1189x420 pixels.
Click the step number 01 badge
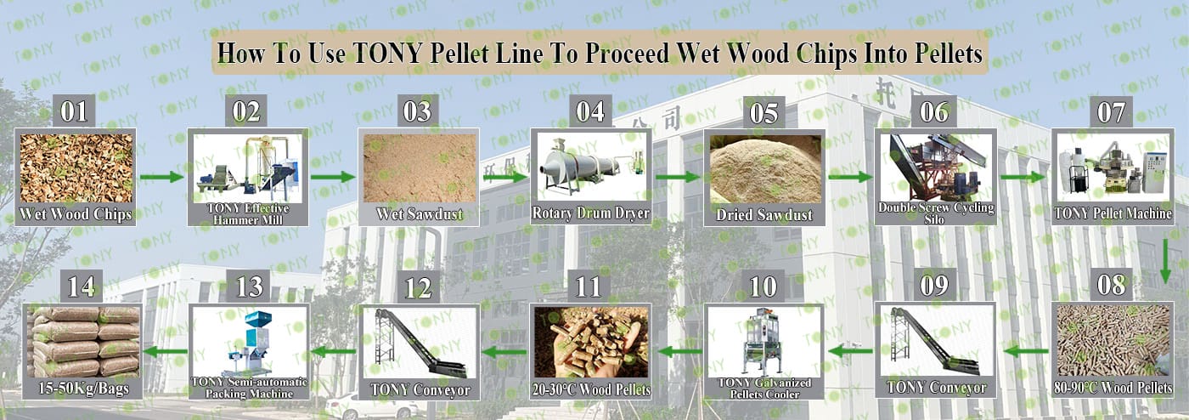[74, 111]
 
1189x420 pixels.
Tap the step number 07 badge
[1111, 112]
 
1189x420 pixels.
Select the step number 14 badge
[82, 287]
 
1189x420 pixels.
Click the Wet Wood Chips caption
[76, 214]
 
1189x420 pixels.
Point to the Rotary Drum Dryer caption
[590, 213]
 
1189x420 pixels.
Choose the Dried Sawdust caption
[764, 215]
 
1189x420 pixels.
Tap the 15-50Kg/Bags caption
[83, 389]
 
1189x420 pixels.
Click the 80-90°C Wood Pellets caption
[1113, 388]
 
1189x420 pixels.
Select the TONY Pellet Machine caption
[1113, 213]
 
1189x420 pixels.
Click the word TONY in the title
[387, 53]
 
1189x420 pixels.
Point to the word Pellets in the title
[949, 53]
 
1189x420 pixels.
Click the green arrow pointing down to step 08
[1165, 262]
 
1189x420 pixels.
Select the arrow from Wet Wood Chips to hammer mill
[162, 177]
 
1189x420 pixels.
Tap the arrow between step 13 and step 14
[166, 351]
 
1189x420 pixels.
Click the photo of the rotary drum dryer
[591, 167]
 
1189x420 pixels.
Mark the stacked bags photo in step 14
[83, 343]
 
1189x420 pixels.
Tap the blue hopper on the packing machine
[258, 319]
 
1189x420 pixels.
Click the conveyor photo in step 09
[935, 341]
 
